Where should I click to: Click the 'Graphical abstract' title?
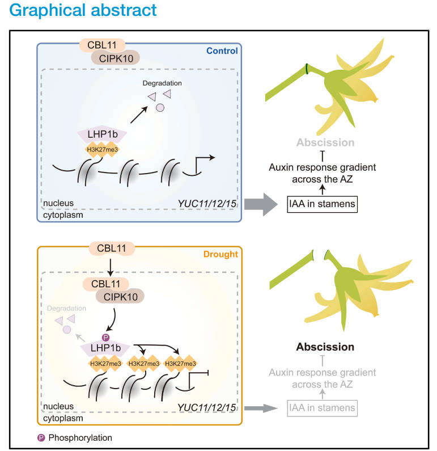(83, 10)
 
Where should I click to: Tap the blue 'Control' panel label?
(222, 51)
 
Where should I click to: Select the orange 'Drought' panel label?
(220, 254)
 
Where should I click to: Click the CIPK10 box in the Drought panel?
(120, 295)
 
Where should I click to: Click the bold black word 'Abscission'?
(325, 347)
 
